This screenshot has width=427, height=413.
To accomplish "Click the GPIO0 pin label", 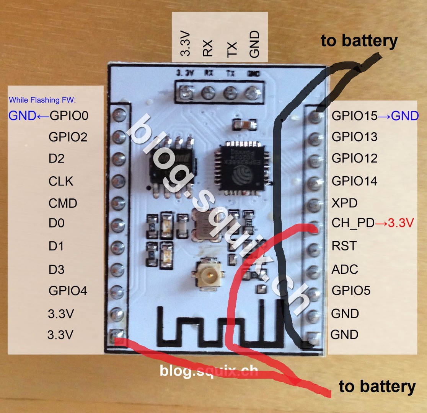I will tap(69, 115).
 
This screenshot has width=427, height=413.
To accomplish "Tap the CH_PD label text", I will tap(353, 223).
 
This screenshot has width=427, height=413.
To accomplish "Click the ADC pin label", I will tap(345, 269).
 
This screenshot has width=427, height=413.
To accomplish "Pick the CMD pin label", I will tap(63, 203).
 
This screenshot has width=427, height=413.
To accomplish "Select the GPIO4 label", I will tap(68, 291).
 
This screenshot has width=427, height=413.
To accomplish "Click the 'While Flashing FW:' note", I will tap(43, 100).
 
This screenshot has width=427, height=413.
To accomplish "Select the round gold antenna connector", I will tap(209, 273).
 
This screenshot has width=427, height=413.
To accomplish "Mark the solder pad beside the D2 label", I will tap(118, 158).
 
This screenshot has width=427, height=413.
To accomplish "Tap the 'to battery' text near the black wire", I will tap(359, 41).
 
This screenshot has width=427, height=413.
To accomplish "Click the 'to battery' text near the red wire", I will tap(377, 387).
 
